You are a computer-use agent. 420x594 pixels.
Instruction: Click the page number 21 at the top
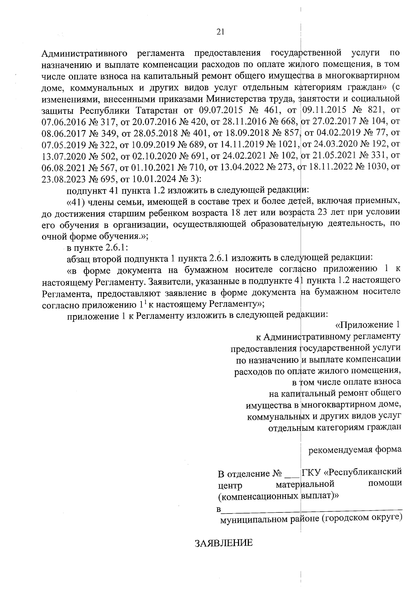220,32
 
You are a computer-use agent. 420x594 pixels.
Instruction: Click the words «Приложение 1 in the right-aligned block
367,325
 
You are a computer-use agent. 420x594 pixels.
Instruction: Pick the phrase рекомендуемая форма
355,449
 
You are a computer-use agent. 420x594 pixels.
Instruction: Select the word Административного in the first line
84,54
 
